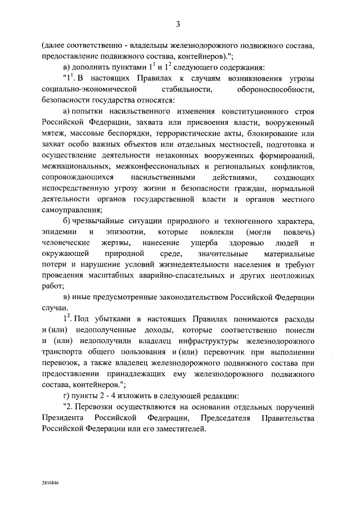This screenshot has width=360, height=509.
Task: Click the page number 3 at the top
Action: pyautogui.click(x=178, y=23)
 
